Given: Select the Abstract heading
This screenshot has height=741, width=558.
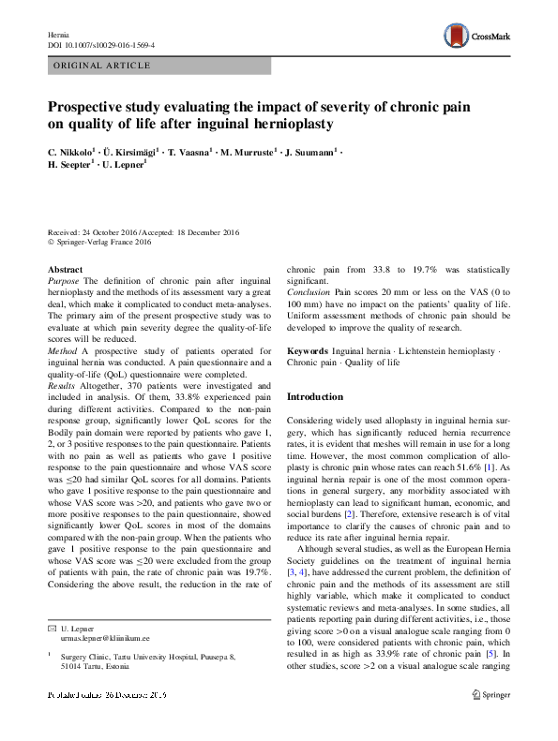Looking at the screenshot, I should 66,269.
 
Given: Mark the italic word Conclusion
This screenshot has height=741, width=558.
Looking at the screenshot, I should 309,292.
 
